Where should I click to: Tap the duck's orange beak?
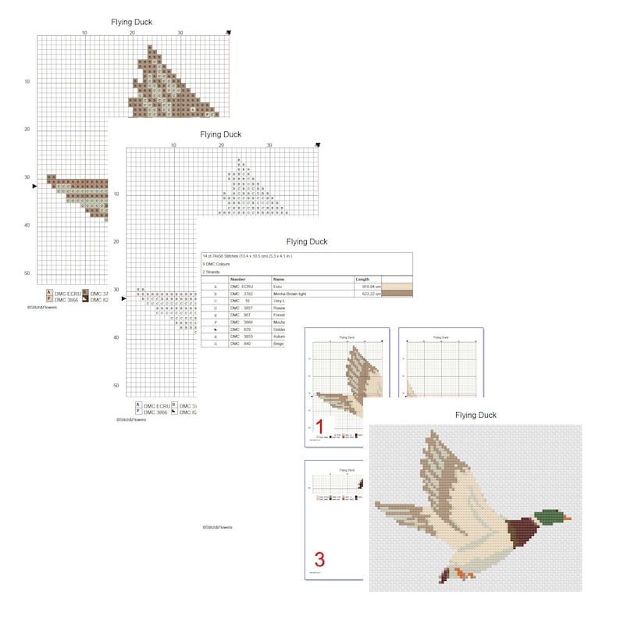coord(568,518)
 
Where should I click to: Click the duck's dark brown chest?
coord(520,536)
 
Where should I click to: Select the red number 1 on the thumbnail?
coord(319,426)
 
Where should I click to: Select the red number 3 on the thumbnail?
coord(319,559)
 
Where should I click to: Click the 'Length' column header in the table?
coord(363,279)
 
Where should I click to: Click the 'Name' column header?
coord(279,279)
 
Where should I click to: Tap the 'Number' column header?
coord(238,279)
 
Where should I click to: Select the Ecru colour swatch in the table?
coord(396,287)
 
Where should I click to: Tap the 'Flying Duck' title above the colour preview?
coord(476,415)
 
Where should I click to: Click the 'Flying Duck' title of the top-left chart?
coord(131,22)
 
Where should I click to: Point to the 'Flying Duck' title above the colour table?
coord(307,242)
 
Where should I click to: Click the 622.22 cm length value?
coord(367,294)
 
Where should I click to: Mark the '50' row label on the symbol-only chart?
coord(116,385)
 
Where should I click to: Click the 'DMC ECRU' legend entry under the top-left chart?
coord(67,294)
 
